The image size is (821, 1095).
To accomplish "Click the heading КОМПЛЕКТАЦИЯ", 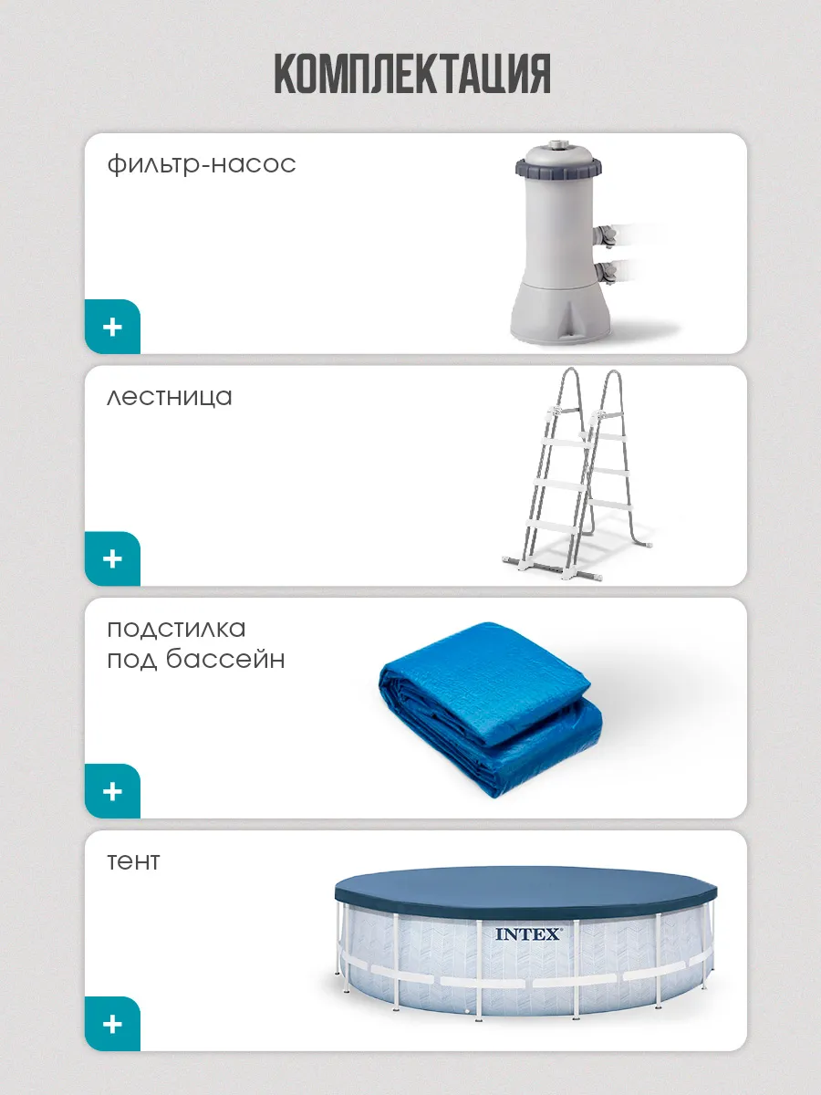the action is click(412, 73).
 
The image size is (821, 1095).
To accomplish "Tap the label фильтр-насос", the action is click(202, 163).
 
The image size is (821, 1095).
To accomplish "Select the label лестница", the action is click(170, 398).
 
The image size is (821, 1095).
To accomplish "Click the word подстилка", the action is click(176, 629).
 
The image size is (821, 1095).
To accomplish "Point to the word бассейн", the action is click(225, 659).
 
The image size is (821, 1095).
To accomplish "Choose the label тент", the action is click(133, 862).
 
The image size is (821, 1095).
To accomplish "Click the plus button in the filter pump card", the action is click(112, 328).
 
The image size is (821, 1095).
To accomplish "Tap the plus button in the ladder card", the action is click(112, 558).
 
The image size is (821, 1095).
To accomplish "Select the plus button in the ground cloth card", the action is click(112, 791).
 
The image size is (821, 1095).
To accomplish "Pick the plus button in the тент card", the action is click(112, 1024).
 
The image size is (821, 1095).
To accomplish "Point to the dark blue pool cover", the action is click(526, 893).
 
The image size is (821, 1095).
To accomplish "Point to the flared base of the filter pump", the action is click(560, 312).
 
